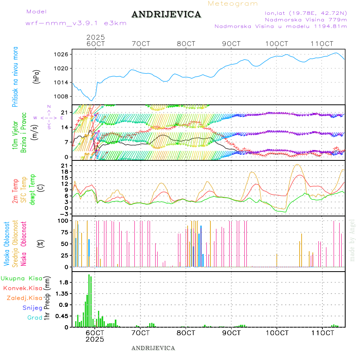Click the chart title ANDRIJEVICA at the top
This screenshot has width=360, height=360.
[166, 15]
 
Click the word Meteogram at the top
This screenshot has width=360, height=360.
[233, 4]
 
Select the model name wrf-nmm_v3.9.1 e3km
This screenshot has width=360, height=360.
[76, 23]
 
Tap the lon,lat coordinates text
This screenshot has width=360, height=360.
[303, 13]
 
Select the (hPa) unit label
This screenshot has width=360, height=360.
[37, 76]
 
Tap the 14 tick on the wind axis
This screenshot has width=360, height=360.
[64, 127]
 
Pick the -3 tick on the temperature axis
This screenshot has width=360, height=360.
[63, 214]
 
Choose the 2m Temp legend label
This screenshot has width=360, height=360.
[16, 191]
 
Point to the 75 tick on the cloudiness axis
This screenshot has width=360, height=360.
[64, 232]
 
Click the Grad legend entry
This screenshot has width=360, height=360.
[34, 318]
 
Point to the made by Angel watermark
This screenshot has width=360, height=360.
[352, 240]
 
